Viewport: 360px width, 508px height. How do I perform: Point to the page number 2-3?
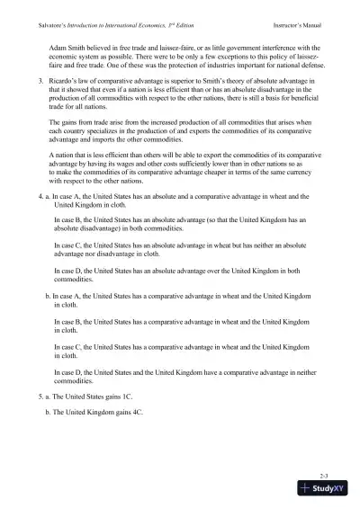click(325, 473)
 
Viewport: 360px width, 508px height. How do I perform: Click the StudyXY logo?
click(325, 489)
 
